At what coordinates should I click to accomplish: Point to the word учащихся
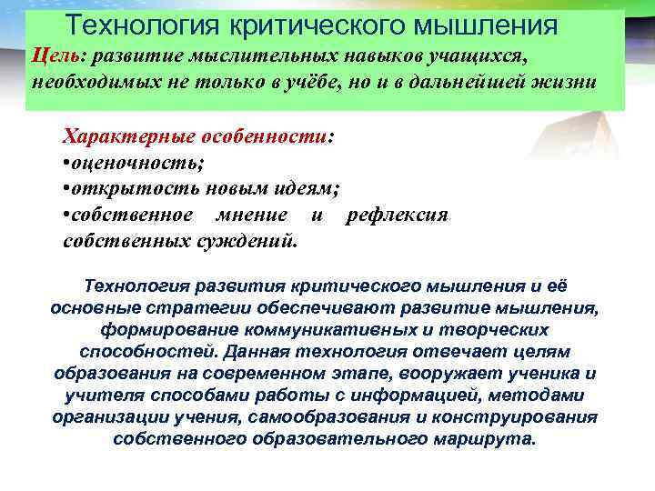[479, 56]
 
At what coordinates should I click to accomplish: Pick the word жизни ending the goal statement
[566, 81]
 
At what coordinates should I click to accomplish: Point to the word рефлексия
[398, 215]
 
